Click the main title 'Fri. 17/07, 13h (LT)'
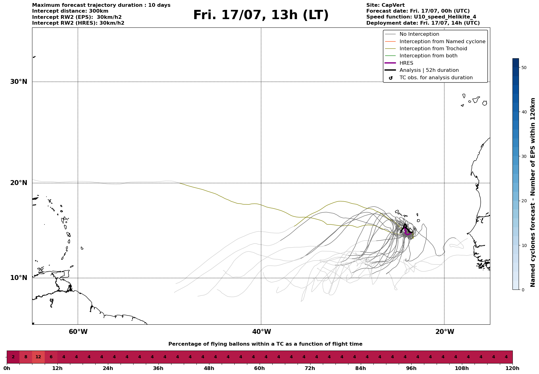tap(261, 15)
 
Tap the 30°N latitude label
tap(19, 82)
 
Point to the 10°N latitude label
tap(19, 278)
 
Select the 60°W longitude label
tap(78, 332)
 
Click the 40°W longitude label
tap(261, 332)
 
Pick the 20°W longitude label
tap(445, 332)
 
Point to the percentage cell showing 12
tap(38, 357)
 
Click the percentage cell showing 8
tap(26, 357)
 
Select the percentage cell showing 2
tap(13, 357)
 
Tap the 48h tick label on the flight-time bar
tap(209, 368)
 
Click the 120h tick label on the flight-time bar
tap(512, 368)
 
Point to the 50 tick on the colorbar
tap(524, 68)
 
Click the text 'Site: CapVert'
tap(385, 5)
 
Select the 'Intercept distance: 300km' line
tap(70, 11)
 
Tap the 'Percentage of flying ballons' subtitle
tap(265, 344)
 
